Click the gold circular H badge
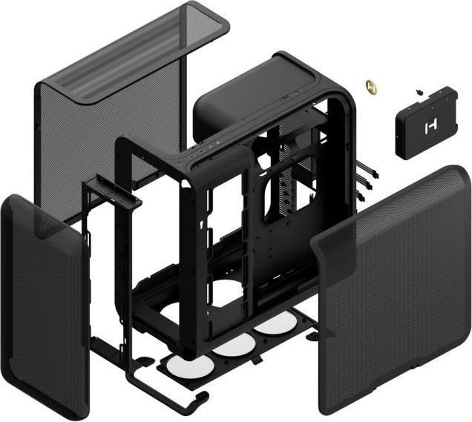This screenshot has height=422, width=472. pyautogui.click(x=373, y=88)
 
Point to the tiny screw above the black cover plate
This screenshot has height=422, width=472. pyautogui.click(x=419, y=92)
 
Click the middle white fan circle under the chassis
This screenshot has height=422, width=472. pyautogui.click(x=232, y=342)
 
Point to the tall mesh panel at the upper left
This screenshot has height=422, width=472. pyautogui.click(x=111, y=111)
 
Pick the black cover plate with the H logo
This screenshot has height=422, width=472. pyautogui.click(x=426, y=122)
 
